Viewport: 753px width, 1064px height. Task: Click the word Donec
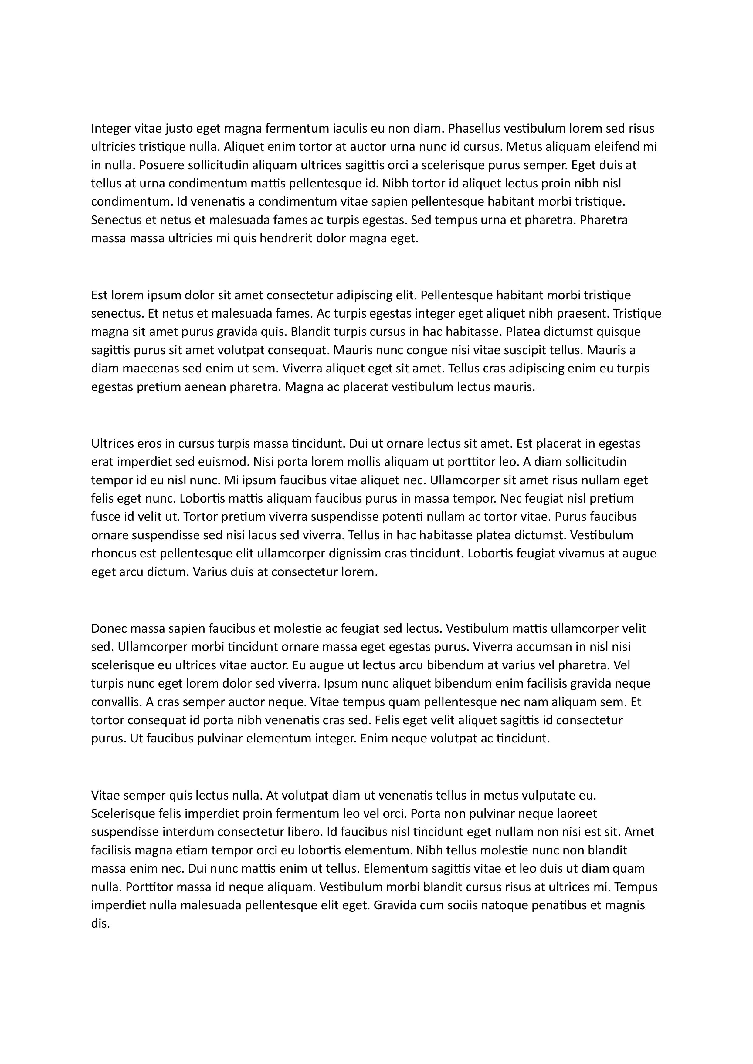coord(109,629)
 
